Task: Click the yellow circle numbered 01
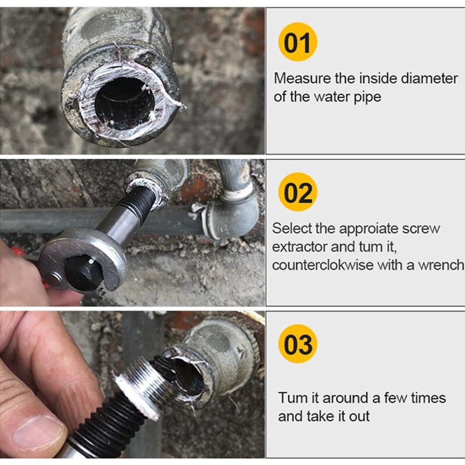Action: [298, 42]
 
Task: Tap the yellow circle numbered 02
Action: [298, 192]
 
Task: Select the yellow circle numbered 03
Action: [298, 344]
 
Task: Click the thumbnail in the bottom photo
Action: [38, 433]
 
